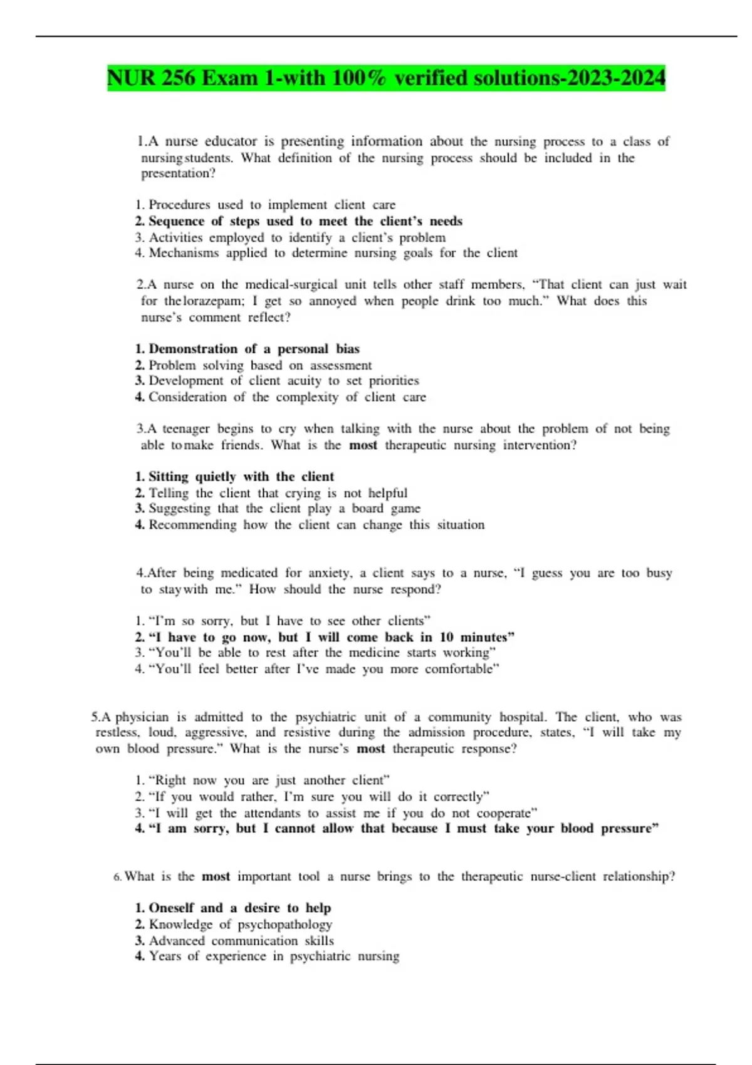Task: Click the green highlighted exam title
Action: point(386,78)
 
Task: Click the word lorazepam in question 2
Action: point(212,301)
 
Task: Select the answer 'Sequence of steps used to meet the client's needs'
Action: point(305,221)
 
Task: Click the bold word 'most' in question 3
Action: point(363,445)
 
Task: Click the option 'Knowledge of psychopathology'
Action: point(240,925)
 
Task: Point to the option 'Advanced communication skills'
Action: point(241,941)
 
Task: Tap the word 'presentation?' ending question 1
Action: point(178,174)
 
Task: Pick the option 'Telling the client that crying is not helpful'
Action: point(278,493)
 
